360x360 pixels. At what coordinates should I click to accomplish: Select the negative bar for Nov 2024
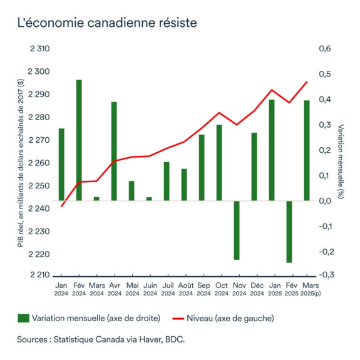tap(237, 230)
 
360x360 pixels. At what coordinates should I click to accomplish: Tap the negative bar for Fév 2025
tap(289, 232)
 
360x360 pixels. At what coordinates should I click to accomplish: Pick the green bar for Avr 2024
tap(114, 151)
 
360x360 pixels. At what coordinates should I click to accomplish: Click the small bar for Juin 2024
tap(149, 198)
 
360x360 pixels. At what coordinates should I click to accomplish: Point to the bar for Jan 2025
tap(272, 150)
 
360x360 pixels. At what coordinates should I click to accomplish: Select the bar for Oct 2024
tap(219, 163)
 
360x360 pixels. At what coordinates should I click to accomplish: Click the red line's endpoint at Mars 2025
tap(307, 82)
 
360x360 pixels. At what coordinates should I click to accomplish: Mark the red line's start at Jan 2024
tap(61, 206)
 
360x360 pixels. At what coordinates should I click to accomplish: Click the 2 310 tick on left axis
tap(39, 49)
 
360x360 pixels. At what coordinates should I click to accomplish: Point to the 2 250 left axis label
tap(39, 186)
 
